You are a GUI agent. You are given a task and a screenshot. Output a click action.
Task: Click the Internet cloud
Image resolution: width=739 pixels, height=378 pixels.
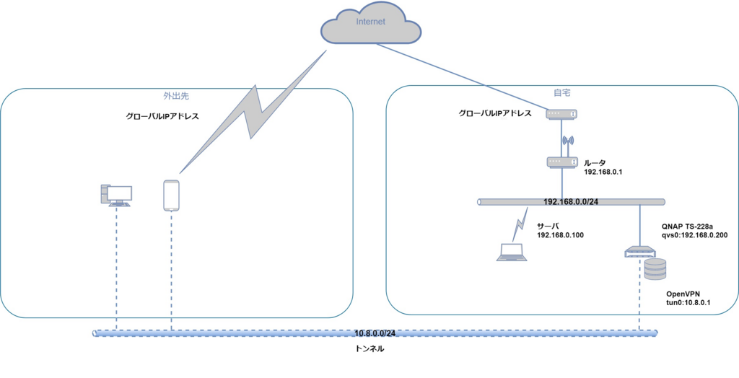[x=370, y=27]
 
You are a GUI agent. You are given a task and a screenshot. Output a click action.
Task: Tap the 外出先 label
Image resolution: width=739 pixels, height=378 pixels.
[x=176, y=94]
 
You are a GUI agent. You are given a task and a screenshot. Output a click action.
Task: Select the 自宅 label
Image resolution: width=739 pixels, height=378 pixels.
[x=561, y=93]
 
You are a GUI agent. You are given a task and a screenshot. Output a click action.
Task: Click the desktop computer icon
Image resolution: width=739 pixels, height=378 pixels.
[x=116, y=195]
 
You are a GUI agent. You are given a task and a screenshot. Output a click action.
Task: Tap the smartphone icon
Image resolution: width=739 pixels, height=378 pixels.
[x=171, y=195]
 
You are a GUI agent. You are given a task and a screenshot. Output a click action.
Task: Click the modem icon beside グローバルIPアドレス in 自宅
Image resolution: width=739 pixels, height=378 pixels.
[x=561, y=114]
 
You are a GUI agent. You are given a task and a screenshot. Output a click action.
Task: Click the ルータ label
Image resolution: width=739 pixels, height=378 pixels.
[x=595, y=163]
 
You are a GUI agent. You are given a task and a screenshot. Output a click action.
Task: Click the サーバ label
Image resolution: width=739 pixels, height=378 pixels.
[x=548, y=226]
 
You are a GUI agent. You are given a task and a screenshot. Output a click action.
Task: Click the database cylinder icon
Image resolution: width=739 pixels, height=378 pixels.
[x=655, y=269]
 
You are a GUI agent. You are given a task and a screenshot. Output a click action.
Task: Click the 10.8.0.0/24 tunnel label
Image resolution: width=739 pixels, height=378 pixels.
[x=375, y=333]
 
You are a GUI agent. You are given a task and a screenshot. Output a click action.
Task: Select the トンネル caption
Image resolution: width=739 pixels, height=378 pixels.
[x=371, y=349]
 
